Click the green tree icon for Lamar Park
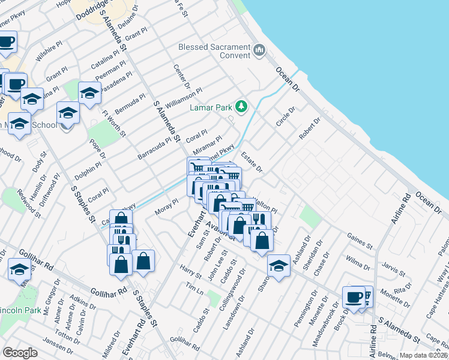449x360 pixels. click(x=241, y=107)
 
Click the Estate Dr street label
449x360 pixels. click(x=252, y=162)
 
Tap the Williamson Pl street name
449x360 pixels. click(x=185, y=97)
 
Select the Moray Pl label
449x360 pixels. click(x=167, y=207)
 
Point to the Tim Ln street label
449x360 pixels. click(x=194, y=289)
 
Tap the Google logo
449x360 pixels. click(x=20, y=352)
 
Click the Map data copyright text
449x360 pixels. click(x=423, y=355)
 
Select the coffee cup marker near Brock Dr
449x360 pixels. click(x=354, y=297)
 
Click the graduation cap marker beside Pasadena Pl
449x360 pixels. click(x=89, y=93)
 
